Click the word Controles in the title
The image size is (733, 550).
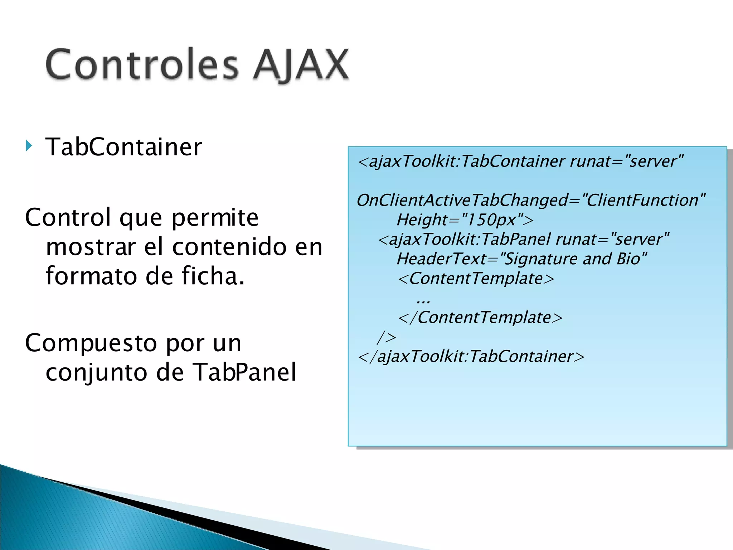142,64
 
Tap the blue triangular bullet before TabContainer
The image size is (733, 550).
29,146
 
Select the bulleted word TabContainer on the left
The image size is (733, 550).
123,147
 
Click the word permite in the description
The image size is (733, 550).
215,218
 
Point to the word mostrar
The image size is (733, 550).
91,247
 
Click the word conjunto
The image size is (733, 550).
97,372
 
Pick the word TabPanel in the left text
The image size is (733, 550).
245,372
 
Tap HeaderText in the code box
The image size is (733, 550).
441,259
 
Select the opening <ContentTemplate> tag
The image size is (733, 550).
476,279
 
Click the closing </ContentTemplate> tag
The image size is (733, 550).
480,318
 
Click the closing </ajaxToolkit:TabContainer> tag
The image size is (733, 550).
471,357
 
